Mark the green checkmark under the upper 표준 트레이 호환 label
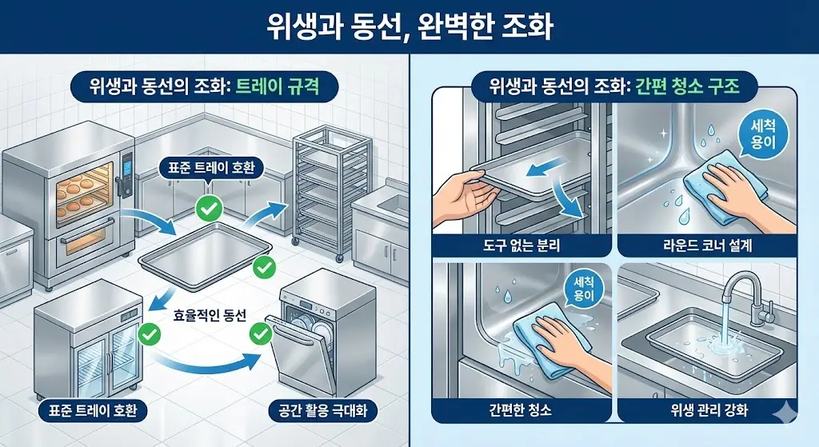(208, 210)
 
